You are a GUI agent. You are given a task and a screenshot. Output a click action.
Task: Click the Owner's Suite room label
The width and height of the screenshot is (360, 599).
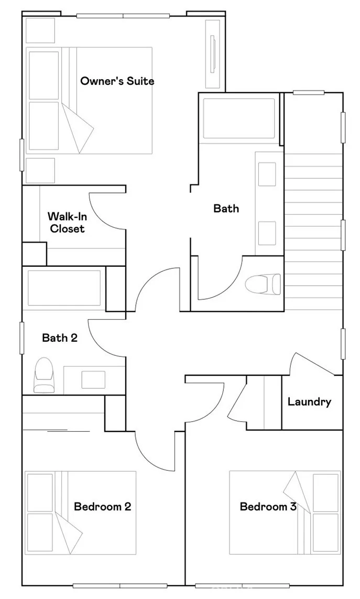pyautogui.click(x=117, y=81)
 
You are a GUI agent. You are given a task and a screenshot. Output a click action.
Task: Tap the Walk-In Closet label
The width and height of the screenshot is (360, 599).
pyautogui.click(x=67, y=222)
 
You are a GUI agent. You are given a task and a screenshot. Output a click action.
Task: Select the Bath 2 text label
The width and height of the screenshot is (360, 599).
pyautogui.click(x=60, y=338)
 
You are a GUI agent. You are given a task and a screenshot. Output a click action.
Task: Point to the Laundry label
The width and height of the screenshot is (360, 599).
pyautogui.click(x=309, y=402)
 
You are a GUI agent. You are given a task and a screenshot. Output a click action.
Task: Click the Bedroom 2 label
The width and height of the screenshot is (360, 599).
pyautogui.click(x=102, y=506)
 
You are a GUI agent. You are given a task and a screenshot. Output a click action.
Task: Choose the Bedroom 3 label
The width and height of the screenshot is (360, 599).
pyautogui.click(x=268, y=506)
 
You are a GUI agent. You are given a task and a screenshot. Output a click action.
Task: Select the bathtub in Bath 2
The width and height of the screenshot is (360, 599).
pyautogui.click(x=64, y=288)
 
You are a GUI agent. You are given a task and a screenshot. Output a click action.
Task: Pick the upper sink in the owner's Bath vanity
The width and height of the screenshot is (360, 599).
pyautogui.click(x=267, y=174)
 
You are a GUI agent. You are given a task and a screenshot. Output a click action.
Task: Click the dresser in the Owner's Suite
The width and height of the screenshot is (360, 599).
pyautogui.click(x=213, y=53)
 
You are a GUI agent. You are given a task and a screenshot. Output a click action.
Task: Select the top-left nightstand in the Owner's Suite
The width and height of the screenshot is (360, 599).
pyautogui.click(x=40, y=30)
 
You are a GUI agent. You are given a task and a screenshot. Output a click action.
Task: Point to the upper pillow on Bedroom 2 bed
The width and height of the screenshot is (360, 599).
pyautogui.click(x=40, y=492)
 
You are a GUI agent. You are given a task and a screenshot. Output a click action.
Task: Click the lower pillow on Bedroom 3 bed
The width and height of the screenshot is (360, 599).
pyautogui.click(x=325, y=532)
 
